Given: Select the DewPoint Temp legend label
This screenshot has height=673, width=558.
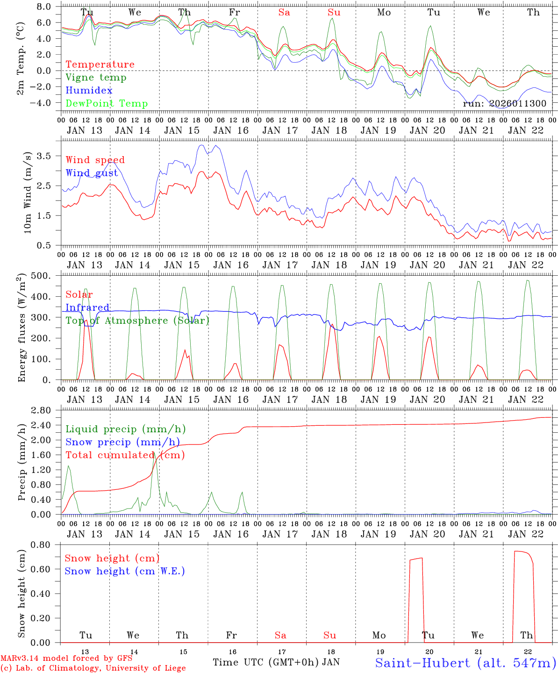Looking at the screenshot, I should point(107,104).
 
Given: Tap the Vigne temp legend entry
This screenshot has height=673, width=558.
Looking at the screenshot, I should point(96,78).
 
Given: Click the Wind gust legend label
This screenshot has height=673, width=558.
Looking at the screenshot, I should point(92,173).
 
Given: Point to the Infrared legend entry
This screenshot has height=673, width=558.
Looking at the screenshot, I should point(87,308).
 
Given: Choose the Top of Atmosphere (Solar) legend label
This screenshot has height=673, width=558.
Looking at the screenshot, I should point(137,321).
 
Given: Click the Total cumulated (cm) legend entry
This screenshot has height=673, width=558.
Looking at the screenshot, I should point(125,455).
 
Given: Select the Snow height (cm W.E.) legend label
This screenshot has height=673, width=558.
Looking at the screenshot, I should point(125,571).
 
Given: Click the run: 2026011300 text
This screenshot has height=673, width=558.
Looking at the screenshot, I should point(504,104).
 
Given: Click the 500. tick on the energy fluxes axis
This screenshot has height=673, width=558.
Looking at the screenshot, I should point(41,276).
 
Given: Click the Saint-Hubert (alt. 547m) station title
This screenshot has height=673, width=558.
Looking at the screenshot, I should point(465,663).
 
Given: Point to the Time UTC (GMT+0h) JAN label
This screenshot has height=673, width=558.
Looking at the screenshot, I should point(276,662).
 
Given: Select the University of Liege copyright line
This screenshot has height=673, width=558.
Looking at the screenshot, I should point(93,668).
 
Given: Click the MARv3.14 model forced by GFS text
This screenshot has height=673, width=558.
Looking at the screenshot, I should point(66,659).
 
